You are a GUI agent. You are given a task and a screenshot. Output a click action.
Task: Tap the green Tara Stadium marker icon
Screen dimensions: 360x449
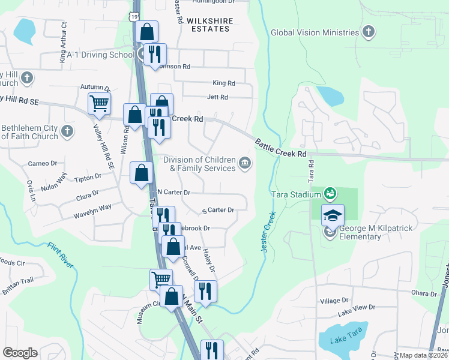pos(329,193)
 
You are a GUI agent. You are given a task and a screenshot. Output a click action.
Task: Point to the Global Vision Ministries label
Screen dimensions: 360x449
pos(315,34)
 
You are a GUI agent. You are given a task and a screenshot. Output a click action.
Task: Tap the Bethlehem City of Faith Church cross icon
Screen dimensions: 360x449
pos(67,130)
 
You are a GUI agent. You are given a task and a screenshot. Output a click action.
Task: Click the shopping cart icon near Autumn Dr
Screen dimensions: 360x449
pos(99,103)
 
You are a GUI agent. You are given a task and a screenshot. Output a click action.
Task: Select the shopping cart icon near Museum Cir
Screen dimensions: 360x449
pos(161,279)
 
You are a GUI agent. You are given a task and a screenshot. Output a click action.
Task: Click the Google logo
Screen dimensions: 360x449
pos(20,353)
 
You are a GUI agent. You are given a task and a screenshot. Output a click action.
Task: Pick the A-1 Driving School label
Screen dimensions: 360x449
pos(100,55)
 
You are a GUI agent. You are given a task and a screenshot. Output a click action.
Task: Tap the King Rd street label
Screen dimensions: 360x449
pos(224,83)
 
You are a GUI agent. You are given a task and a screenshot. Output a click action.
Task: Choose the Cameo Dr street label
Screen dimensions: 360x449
pos(43,163)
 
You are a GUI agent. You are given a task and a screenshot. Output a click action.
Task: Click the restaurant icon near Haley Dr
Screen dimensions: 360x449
pos(205,291)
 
